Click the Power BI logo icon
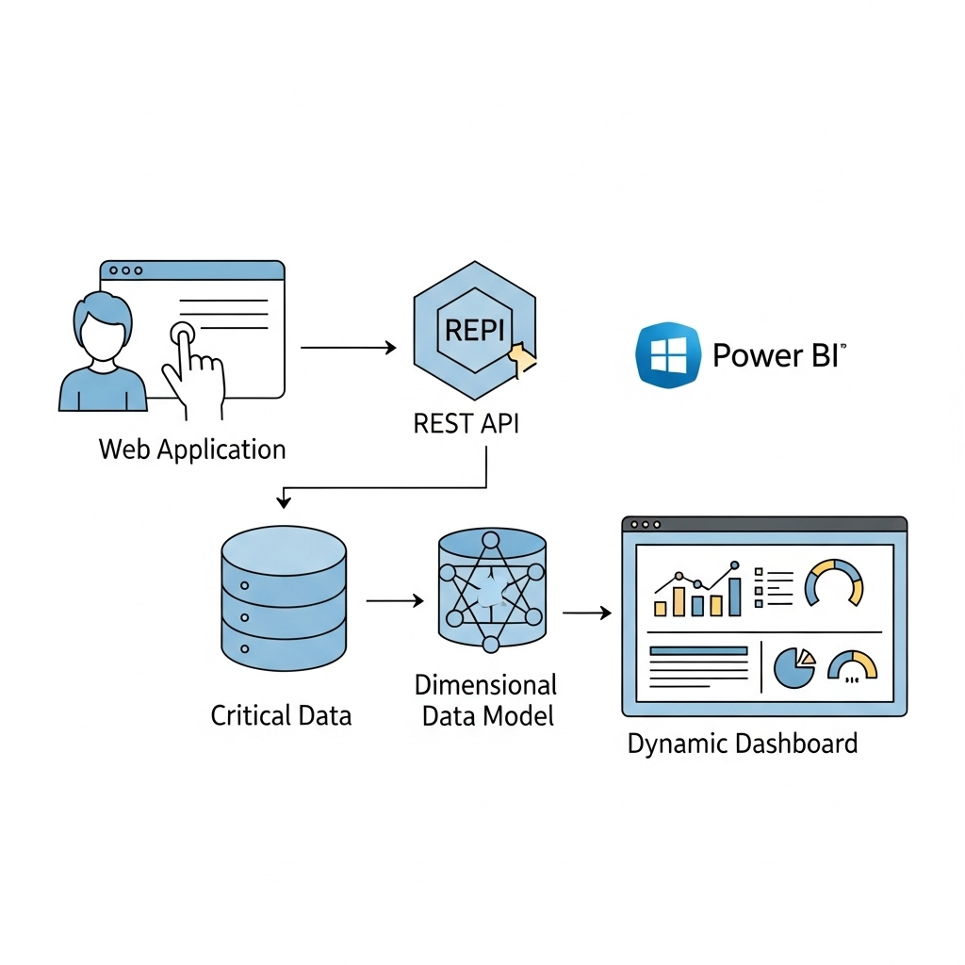(x=668, y=355)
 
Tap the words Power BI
(x=779, y=355)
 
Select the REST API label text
(x=466, y=423)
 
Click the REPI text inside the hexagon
(x=474, y=331)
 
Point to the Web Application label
(x=192, y=449)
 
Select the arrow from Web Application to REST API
(x=348, y=348)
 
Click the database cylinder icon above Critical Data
(x=284, y=597)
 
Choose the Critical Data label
(x=281, y=715)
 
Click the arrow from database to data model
(x=394, y=600)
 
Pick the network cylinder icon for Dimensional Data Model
(x=492, y=591)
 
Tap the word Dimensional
(x=485, y=684)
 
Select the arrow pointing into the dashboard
(x=586, y=613)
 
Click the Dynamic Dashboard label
(x=743, y=744)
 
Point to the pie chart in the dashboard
(x=793, y=666)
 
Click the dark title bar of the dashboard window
(x=764, y=524)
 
